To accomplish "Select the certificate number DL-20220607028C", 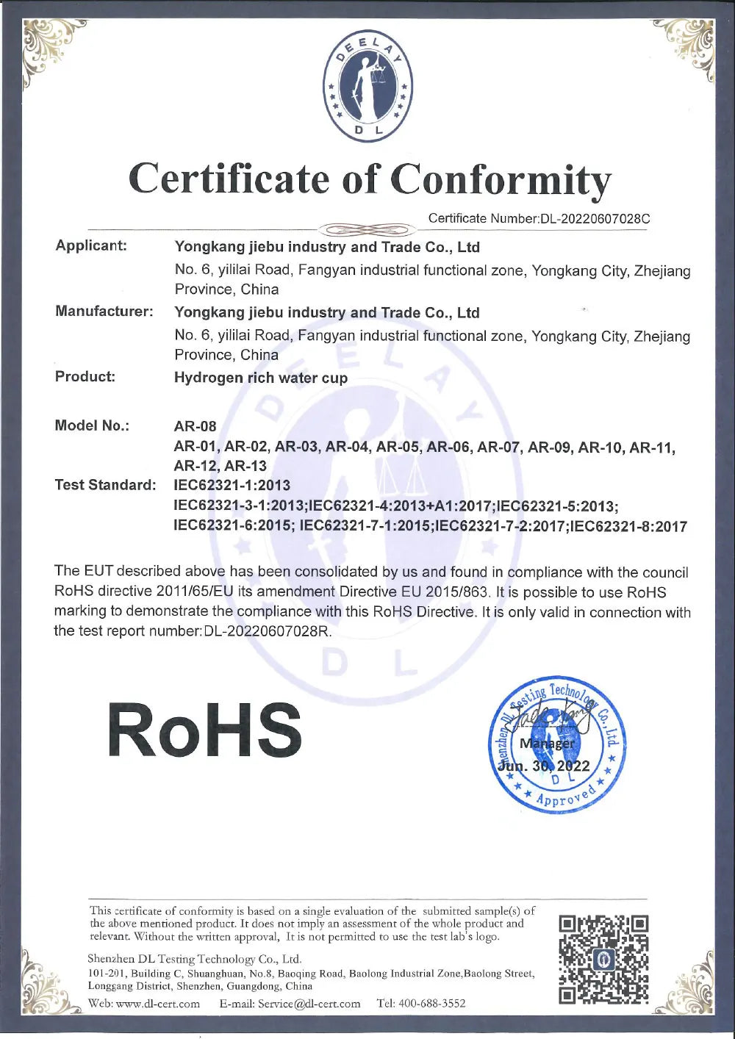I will click(x=595, y=218).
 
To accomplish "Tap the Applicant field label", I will click(x=91, y=245).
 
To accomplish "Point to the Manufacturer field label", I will click(x=104, y=311).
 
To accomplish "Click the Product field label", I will click(x=85, y=377).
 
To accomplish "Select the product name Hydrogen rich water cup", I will click(x=261, y=378).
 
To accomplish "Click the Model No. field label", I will click(x=92, y=425).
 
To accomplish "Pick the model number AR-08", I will click(x=195, y=426).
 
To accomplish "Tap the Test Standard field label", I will click(x=105, y=485).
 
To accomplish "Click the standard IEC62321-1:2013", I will click(x=232, y=485).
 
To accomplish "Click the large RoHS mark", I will click(x=205, y=730).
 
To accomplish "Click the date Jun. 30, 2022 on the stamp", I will click(x=545, y=766).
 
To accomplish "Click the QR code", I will click(x=603, y=959).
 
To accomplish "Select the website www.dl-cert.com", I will click(x=158, y=1004).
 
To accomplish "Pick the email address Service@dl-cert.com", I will click(x=309, y=1004).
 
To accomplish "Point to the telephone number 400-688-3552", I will click(x=431, y=1004).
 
